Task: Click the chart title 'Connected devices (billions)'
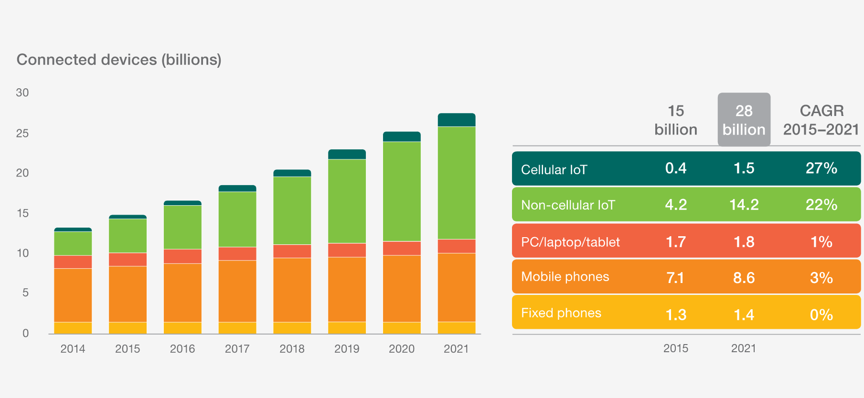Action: (x=119, y=60)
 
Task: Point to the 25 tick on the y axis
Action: (x=22, y=133)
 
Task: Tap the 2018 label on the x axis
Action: (x=292, y=349)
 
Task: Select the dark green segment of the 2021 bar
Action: (x=457, y=120)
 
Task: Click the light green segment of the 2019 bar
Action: (x=347, y=201)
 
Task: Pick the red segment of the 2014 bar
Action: (x=73, y=262)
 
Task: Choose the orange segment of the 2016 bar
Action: (x=182, y=293)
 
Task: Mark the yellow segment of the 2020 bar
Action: (x=402, y=328)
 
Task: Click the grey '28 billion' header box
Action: (x=744, y=119)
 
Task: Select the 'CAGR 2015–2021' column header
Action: (x=821, y=120)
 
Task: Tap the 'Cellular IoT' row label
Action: (x=554, y=169)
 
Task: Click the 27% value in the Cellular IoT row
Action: (x=821, y=168)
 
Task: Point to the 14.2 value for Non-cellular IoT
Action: (x=744, y=205)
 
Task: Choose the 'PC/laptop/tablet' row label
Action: (x=570, y=242)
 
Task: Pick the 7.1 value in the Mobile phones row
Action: (x=675, y=278)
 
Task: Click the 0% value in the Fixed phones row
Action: (x=821, y=315)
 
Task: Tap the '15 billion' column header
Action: (x=676, y=120)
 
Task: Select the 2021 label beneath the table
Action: (x=744, y=348)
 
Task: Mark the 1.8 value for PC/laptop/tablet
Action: (x=744, y=242)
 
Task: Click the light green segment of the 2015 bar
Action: (x=128, y=236)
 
